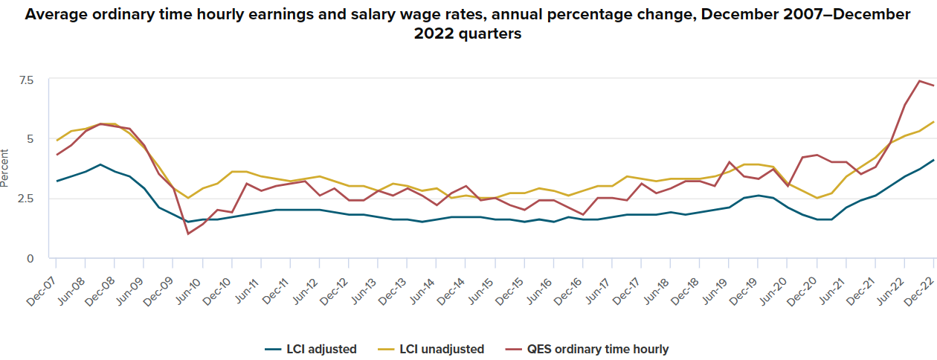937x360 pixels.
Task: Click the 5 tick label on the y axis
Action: click(x=30, y=139)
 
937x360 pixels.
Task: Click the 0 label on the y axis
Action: click(x=30, y=259)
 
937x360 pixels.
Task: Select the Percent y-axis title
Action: click(x=6, y=169)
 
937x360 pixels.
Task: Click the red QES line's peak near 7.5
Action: click(x=919, y=80)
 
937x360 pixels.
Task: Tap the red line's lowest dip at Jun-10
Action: click(x=187, y=234)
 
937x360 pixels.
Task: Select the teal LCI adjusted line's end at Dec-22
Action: click(x=934, y=160)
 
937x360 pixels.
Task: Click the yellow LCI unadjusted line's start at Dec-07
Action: click(x=57, y=140)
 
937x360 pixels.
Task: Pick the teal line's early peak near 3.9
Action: click(x=100, y=164)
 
